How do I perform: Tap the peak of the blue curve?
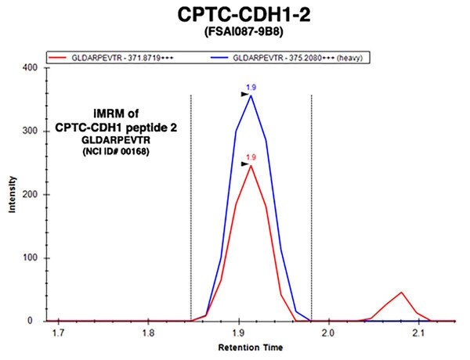(x=251, y=95)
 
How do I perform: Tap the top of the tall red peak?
(x=251, y=166)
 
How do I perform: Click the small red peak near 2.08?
(x=401, y=293)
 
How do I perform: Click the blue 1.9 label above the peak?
(x=252, y=88)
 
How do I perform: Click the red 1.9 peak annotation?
(x=251, y=157)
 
